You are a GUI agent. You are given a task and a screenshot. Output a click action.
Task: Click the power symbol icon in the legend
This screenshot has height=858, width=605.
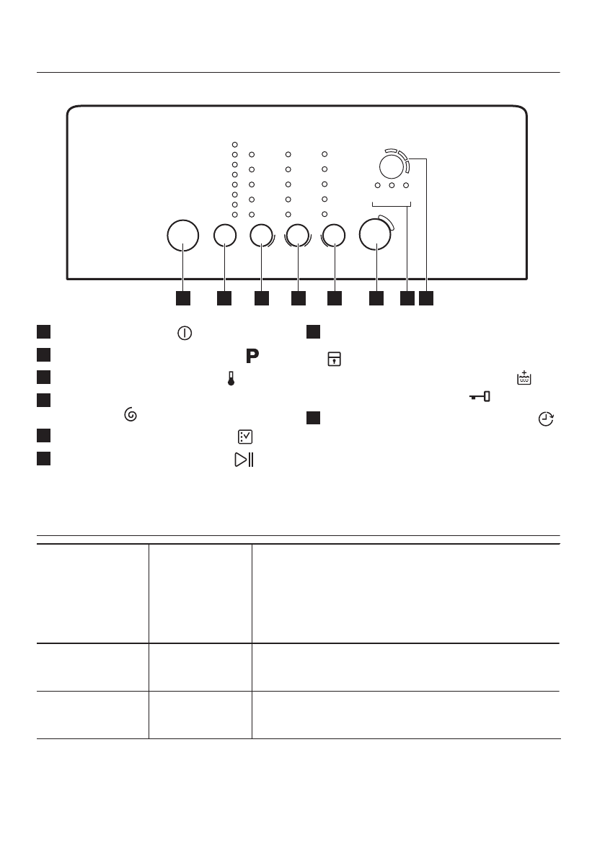pyautogui.click(x=185, y=334)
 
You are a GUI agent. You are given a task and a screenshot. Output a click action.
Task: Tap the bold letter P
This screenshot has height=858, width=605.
pyautogui.click(x=252, y=355)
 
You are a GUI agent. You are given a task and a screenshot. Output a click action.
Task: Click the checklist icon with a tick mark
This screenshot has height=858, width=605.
pyautogui.click(x=244, y=437)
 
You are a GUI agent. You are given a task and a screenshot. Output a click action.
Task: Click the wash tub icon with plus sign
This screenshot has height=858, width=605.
pyautogui.click(x=524, y=377)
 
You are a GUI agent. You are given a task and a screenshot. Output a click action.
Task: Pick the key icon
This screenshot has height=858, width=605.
pyautogui.click(x=478, y=397)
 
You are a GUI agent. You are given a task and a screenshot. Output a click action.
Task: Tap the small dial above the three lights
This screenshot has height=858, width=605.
pyautogui.click(x=390, y=166)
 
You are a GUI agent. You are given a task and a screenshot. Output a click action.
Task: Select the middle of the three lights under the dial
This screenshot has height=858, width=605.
pyautogui.click(x=392, y=185)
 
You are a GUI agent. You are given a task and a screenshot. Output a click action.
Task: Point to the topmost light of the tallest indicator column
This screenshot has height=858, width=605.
pyautogui.click(x=234, y=144)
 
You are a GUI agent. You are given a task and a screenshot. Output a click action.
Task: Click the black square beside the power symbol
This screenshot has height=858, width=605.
pyautogui.click(x=44, y=332)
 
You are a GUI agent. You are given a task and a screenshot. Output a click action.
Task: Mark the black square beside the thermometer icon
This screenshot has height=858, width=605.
pyautogui.click(x=44, y=376)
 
